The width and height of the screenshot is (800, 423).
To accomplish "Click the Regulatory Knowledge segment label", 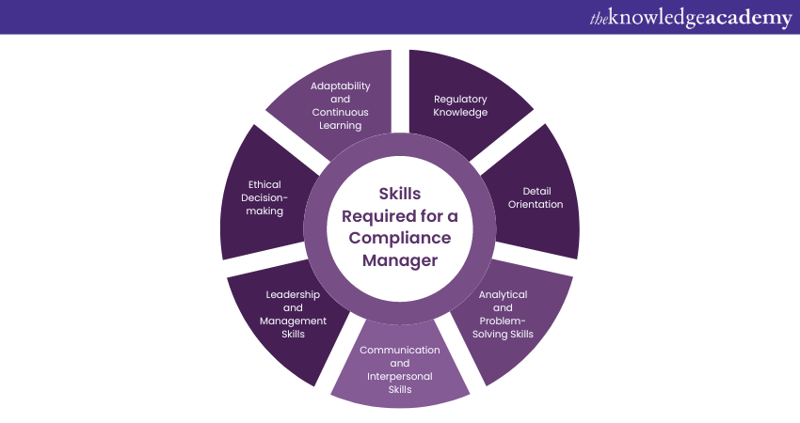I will (x=460, y=105).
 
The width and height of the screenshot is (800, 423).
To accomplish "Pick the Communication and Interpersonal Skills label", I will (x=400, y=369).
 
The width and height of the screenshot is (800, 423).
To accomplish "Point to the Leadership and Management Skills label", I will (x=293, y=314).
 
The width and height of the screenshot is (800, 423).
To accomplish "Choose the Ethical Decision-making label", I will (x=264, y=197).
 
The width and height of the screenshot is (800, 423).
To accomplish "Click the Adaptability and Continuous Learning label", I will (x=340, y=105).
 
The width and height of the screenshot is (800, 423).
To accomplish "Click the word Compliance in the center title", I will (x=400, y=239).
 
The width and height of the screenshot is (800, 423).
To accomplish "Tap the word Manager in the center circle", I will (x=400, y=260).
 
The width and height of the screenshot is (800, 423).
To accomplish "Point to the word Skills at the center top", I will (x=400, y=195).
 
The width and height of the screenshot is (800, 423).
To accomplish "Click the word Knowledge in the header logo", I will (x=649, y=18).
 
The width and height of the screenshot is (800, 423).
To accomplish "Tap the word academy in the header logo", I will (x=743, y=18).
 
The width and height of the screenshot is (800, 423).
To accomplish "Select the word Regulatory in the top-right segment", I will (x=460, y=99).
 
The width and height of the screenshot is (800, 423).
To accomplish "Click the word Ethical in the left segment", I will (x=264, y=185).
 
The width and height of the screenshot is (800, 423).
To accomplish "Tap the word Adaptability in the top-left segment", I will (x=340, y=86).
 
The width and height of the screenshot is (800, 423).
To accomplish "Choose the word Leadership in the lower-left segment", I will (x=293, y=294).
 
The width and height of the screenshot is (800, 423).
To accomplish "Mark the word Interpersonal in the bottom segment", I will (x=400, y=376).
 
